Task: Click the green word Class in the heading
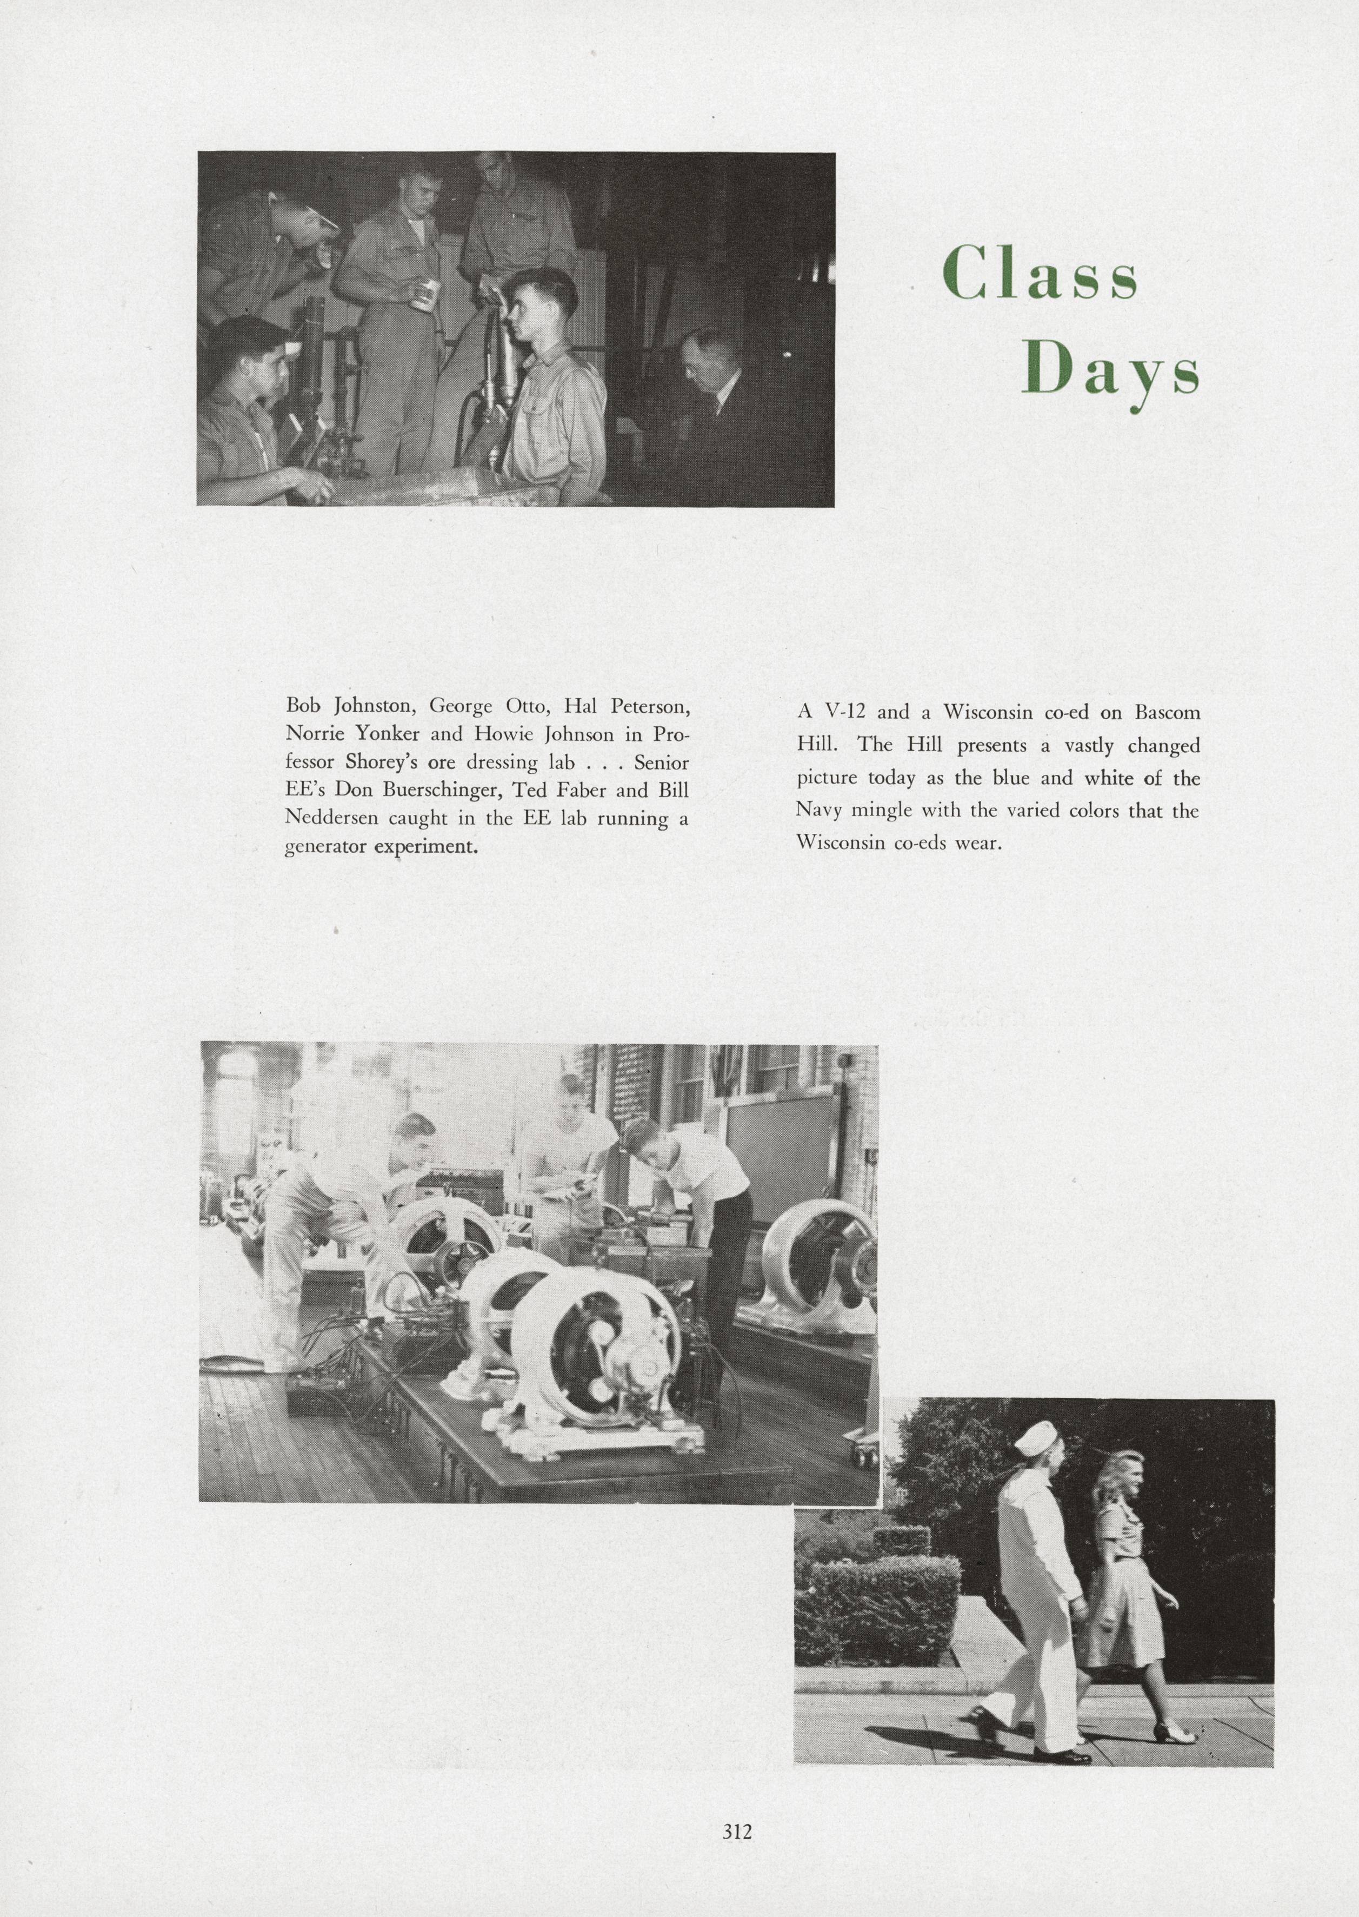[1040, 274]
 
